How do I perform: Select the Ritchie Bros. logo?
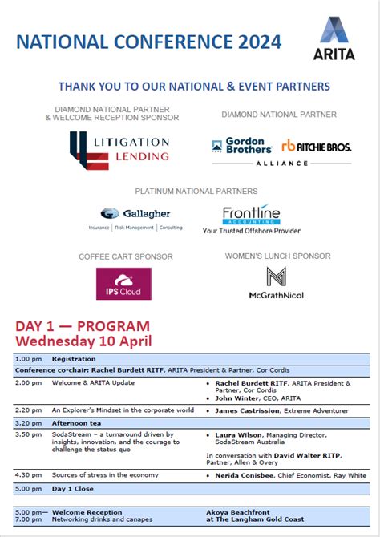pos(316,146)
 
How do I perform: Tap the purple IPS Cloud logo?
pos(123,284)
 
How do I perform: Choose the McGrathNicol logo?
pos(277,283)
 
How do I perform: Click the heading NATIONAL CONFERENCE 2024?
pos(149,42)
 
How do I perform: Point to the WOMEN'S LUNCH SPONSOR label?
pos(277,256)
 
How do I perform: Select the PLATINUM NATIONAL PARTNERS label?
pos(196,192)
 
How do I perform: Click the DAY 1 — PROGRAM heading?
pos(83,326)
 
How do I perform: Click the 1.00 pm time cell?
pos(29,359)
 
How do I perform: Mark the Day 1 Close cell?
pos(73,488)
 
